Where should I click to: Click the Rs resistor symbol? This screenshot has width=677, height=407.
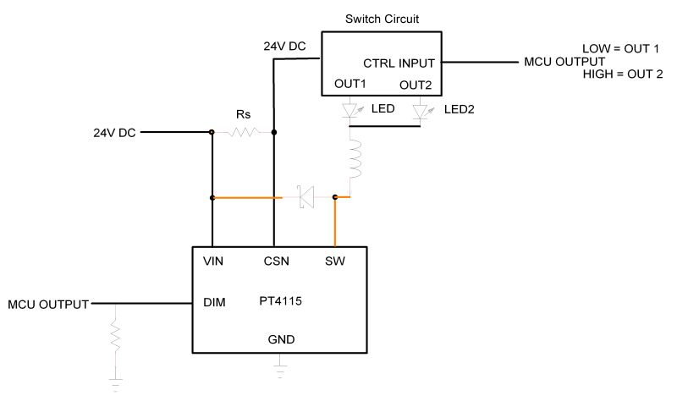coord(244,132)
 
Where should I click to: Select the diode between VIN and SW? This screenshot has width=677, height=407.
coord(305,198)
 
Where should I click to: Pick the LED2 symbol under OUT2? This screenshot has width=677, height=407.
coord(421,111)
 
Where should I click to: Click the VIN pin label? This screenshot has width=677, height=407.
coord(213,261)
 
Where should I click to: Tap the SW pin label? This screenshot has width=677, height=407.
coord(335,261)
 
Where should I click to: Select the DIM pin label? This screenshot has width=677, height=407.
coord(215,301)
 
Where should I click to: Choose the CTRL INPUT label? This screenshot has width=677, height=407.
coord(399,63)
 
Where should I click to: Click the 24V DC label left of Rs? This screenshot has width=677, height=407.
coord(114,133)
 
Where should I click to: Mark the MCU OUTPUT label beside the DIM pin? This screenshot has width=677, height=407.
coord(48,303)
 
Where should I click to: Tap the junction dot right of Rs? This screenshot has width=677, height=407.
coord(273,132)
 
